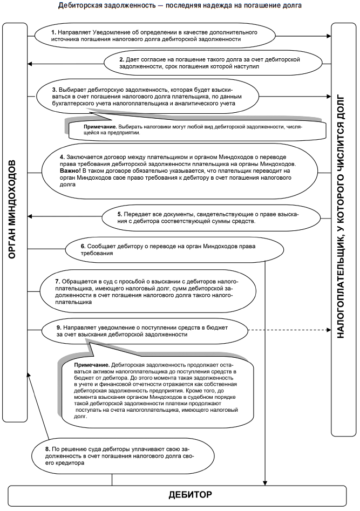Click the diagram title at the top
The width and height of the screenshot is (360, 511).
[180, 5]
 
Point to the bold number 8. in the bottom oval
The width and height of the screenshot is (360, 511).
[49, 449]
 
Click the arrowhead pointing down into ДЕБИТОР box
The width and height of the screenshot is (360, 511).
[265, 481]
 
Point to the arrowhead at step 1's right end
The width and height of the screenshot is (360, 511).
[328, 37]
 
